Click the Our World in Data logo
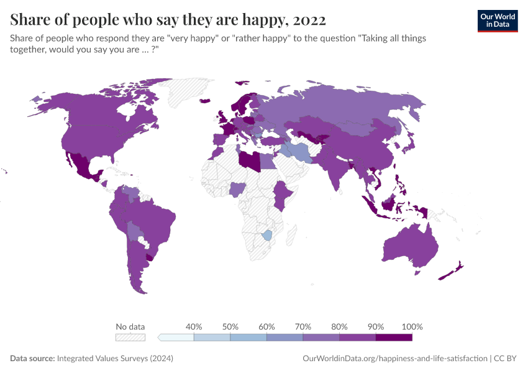(x=497, y=20)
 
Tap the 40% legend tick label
(x=194, y=326)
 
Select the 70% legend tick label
(x=303, y=326)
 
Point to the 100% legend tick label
(x=412, y=326)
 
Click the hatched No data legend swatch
(x=130, y=337)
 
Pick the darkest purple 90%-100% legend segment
(x=394, y=337)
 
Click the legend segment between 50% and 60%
(x=248, y=337)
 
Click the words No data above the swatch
(x=130, y=326)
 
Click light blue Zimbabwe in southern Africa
(x=268, y=235)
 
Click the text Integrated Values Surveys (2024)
(x=115, y=359)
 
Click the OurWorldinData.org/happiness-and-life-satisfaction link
(x=394, y=359)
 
